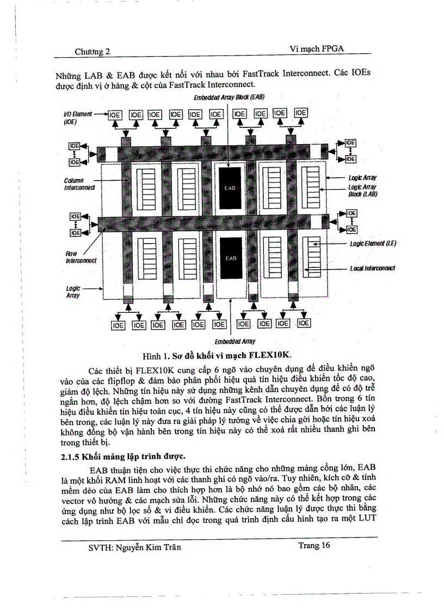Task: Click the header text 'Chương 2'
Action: tap(92, 51)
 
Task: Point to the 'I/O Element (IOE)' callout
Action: tap(78, 118)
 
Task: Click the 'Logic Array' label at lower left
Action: tap(73, 292)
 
